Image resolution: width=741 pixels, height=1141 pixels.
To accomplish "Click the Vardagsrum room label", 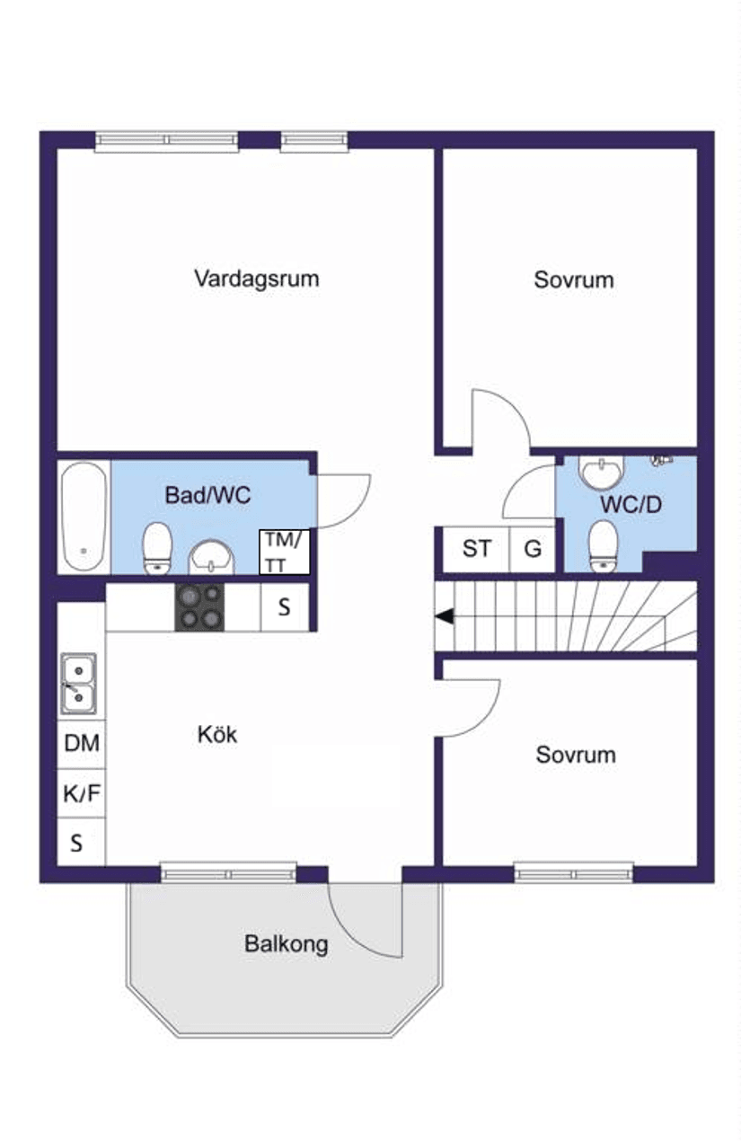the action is [257, 279].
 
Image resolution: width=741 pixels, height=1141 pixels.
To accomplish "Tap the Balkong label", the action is [287, 944].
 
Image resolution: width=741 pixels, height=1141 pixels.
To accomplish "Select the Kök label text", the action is [217, 734].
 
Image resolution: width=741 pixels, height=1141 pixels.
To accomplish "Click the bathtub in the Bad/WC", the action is [84, 516].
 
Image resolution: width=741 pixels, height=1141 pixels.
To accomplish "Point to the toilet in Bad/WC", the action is [156, 547].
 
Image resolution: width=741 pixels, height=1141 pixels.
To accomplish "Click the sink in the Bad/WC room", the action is [211, 557].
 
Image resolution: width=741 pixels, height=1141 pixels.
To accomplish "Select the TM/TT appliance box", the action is [284, 553].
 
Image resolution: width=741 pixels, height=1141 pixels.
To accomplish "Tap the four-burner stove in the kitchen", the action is [199, 607].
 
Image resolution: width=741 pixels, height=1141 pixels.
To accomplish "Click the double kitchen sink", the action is [78, 684].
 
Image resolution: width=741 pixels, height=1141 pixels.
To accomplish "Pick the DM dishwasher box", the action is [82, 744].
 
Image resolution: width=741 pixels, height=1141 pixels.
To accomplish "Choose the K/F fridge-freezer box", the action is [82, 793].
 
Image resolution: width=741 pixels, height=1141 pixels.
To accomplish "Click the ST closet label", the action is [477, 549].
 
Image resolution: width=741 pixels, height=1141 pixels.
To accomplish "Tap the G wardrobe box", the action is [533, 549].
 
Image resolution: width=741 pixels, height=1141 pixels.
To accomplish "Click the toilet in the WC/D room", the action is [604, 545].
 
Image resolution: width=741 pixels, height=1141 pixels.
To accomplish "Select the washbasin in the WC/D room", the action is [602, 471].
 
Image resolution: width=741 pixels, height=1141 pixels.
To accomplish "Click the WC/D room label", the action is [631, 504].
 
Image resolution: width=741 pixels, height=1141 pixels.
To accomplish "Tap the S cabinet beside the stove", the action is [285, 607].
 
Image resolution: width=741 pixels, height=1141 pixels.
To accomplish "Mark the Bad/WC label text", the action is [207, 495].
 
